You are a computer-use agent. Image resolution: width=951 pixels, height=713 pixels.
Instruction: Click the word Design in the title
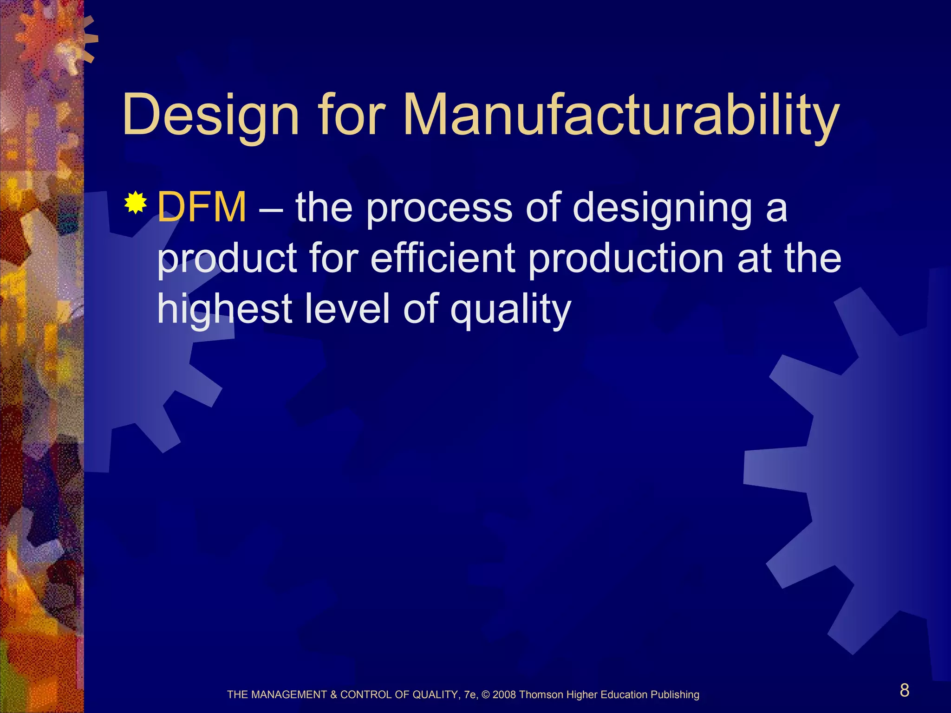pyautogui.click(x=211, y=115)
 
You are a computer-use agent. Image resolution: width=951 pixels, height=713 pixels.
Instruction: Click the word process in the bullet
pyautogui.click(x=439, y=208)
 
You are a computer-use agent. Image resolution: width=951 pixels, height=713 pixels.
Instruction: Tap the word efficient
pyautogui.click(x=443, y=258)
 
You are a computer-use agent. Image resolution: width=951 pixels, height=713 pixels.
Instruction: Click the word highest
pyautogui.click(x=225, y=309)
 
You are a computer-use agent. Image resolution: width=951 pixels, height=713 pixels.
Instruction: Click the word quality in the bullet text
pyautogui.click(x=510, y=310)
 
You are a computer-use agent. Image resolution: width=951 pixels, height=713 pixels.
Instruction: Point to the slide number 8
pyautogui.click(x=905, y=690)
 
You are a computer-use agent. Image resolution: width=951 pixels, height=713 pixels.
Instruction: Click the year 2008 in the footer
pyautogui.click(x=504, y=695)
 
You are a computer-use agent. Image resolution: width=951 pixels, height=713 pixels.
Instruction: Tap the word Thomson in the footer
pyautogui.click(x=541, y=695)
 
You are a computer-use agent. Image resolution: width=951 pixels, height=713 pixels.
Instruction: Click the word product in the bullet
pyautogui.click(x=227, y=259)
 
